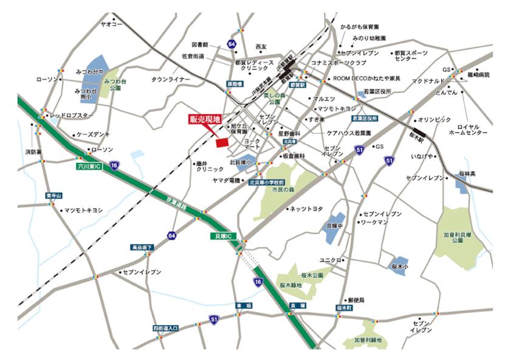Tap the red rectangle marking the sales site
(x=222, y=142)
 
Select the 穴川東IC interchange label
(x=89, y=165)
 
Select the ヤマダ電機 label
(x=226, y=181)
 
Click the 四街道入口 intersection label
(x=166, y=328)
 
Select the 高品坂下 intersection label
(x=142, y=248)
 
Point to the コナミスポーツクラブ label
(x=338, y=63)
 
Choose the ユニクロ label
(x=331, y=260)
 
